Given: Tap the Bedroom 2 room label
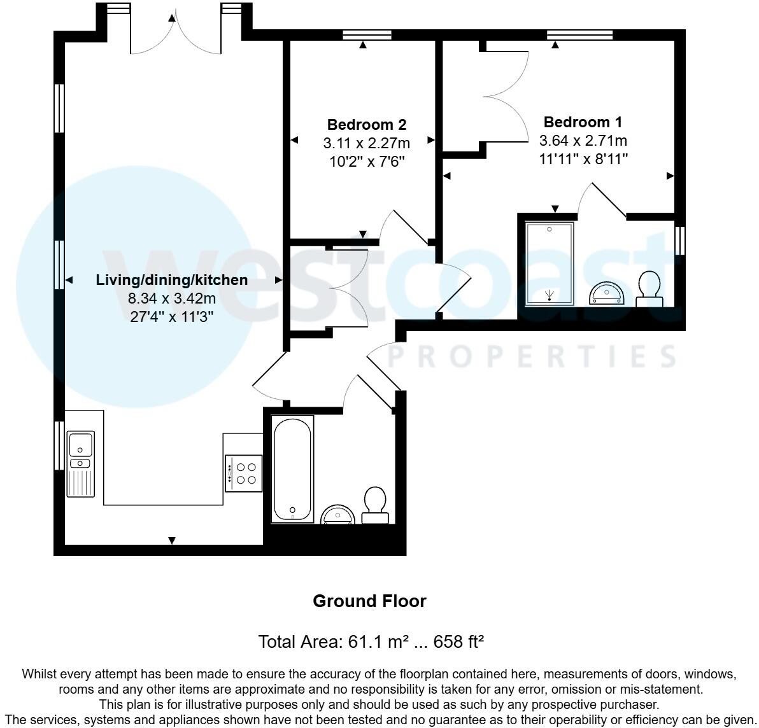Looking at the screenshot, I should coord(366,125).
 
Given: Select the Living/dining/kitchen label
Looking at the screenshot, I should coord(172,280).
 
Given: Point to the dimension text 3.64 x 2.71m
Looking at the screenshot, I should coord(583,141).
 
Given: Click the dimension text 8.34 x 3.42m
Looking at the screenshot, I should coord(172,298).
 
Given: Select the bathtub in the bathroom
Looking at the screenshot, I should coord(292,469).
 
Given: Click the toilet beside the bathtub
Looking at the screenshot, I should coord(374,506).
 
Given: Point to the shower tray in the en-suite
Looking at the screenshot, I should coord(549,263).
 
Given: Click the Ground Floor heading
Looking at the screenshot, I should coord(369,601).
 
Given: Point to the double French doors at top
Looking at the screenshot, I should coord(171,35).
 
